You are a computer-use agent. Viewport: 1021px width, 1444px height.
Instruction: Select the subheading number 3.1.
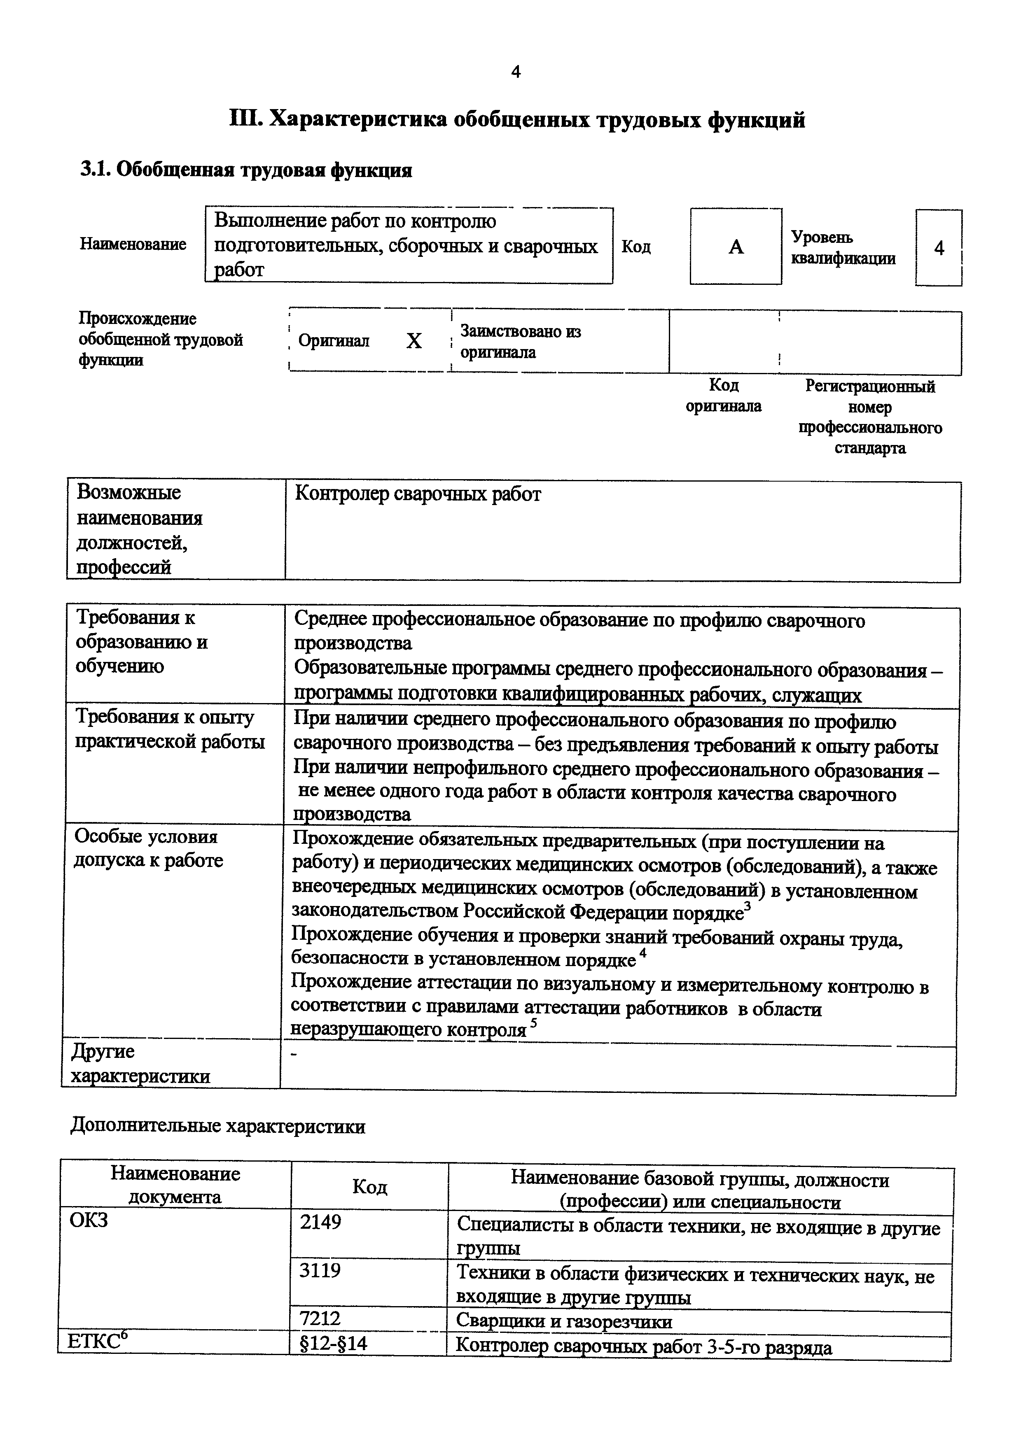(94, 170)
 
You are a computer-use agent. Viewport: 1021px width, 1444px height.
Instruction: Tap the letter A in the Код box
(736, 247)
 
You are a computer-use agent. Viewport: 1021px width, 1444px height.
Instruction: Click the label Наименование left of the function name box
(133, 244)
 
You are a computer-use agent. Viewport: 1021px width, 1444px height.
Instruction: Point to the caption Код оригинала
(724, 396)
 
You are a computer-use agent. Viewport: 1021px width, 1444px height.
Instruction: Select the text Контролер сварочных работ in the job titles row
(418, 495)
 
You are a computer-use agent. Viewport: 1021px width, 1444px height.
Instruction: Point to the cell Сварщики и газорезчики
(564, 1321)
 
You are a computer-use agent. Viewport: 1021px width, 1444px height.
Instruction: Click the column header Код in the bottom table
(369, 1187)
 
